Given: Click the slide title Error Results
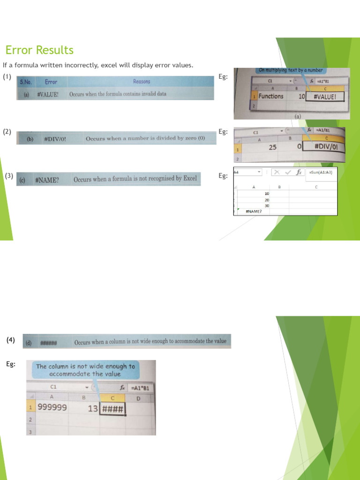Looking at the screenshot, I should (39, 50).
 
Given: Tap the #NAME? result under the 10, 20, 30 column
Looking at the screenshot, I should (254, 211).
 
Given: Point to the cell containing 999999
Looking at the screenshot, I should (52, 408).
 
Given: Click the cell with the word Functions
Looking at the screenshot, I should (271, 96).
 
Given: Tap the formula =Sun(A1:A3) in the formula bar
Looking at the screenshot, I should (321, 172).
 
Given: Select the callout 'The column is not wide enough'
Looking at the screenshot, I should (85, 370).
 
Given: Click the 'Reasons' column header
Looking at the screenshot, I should (142, 82).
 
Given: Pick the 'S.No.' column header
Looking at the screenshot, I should (26, 82).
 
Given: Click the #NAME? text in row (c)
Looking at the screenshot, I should (47, 179).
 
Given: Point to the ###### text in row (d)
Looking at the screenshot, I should (48, 343).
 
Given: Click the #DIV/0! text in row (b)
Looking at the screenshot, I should (55, 139).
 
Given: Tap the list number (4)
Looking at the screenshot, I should (10, 340).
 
